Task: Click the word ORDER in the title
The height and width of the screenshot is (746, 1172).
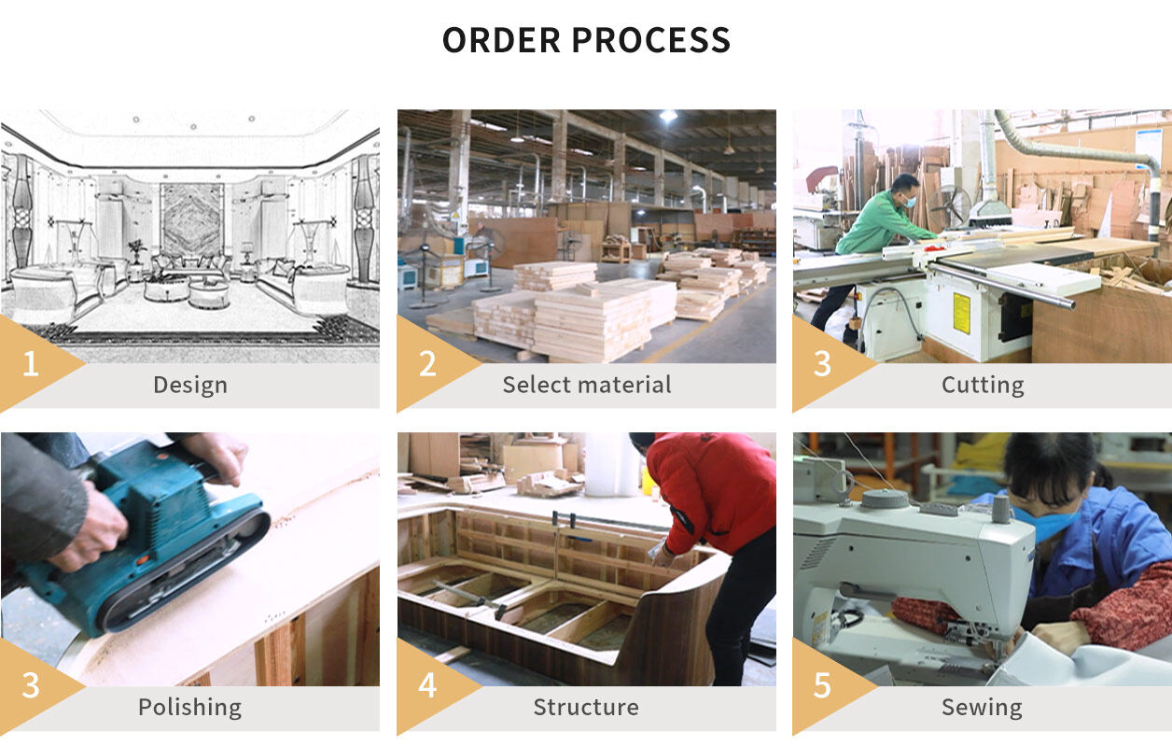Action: [501, 41]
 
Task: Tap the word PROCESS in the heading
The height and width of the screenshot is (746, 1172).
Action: [650, 41]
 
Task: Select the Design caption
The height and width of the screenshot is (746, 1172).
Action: [190, 385]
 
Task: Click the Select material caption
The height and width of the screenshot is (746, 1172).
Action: [586, 385]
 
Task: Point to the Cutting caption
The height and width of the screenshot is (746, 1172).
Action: [983, 385]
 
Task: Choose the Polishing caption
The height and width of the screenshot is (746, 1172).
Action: [190, 708]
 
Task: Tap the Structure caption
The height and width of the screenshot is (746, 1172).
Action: [586, 708]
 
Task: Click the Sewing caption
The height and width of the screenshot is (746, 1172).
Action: [982, 708]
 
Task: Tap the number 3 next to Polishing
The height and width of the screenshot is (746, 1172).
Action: [31, 686]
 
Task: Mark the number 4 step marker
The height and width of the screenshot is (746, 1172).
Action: [427, 686]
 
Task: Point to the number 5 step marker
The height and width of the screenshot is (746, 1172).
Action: [822, 686]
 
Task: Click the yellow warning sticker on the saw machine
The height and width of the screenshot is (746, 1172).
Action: [962, 314]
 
